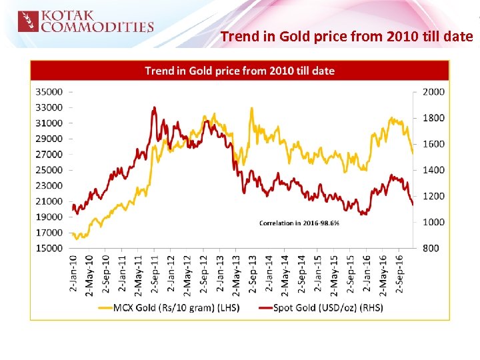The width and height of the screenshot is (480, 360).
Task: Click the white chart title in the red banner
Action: pos(239,70)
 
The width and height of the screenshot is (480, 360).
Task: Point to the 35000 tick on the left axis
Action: pos(49,91)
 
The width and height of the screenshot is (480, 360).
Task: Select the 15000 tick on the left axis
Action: pos(49,249)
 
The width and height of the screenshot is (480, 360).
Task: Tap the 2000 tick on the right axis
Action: pos(433,91)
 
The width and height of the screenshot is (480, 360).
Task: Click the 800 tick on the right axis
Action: pos(430,249)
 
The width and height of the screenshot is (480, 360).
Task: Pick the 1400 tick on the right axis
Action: pos(433,170)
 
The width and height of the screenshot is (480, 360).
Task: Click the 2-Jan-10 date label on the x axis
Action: pos(73,273)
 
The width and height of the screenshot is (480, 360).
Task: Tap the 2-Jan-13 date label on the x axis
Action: pos(221,273)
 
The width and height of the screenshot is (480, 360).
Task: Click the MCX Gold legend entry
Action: pos(169,307)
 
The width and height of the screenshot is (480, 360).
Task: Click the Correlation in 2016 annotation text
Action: pos(299,223)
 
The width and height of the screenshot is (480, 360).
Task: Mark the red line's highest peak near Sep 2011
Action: pos(154,107)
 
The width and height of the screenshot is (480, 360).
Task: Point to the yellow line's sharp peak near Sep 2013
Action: pos(251,108)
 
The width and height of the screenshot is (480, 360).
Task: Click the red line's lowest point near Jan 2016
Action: pos(363,214)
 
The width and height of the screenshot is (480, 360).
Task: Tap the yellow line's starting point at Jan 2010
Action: pos(72,233)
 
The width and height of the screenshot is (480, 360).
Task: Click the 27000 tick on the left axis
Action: pos(49,154)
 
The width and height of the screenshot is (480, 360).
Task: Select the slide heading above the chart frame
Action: pos(346,36)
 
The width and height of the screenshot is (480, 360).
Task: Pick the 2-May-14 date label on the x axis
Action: pos(285,273)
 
